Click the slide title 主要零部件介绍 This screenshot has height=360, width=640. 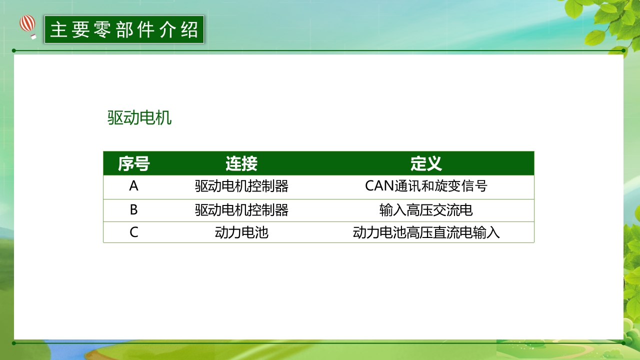coord(124,29)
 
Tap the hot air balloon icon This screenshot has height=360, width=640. coord(28,26)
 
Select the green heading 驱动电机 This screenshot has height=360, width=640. coord(139,118)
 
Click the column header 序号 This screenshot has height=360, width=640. coord(133,163)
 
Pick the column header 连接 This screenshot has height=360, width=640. coord(241,163)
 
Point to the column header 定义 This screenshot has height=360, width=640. coord(426,163)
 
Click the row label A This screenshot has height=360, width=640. coord(133,186)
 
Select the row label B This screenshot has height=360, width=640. coord(133,210)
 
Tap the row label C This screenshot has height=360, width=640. coord(133,232)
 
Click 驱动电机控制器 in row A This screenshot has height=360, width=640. coord(241,186)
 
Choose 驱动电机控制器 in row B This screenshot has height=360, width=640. coord(241,210)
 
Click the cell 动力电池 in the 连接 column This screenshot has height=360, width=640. coord(241,232)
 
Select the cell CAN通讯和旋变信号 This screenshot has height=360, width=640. coord(426,186)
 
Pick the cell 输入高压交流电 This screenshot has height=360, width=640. coord(426,210)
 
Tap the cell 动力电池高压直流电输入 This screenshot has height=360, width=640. coord(426,232)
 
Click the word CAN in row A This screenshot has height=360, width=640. coord(380,186)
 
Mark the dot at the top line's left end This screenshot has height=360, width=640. coord(14,50)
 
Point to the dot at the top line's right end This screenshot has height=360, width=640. coord(623,50)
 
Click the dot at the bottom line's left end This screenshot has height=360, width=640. coord(14,343)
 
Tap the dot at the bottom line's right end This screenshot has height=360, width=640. coord(623,343)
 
